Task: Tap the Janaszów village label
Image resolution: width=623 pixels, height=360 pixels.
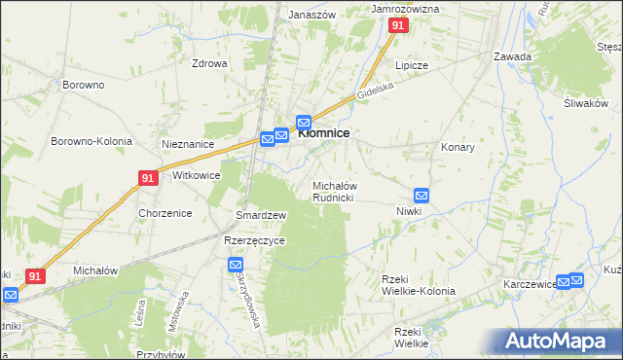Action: (311, 16)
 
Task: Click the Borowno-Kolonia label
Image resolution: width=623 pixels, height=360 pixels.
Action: (91, 141)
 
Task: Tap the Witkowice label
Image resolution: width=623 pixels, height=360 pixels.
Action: (196, 176)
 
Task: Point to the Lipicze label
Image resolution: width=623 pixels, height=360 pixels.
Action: (411, 65)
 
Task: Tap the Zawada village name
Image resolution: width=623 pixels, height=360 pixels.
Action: (512, 56)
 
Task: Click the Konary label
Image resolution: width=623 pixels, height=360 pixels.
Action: (458, 148)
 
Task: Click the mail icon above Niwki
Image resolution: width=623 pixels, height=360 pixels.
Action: (421, 195)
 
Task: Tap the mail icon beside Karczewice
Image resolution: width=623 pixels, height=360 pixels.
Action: (575, 281)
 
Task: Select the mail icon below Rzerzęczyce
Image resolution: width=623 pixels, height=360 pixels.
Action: (236, 264)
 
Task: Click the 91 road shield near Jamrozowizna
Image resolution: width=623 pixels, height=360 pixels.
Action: (397, 27)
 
